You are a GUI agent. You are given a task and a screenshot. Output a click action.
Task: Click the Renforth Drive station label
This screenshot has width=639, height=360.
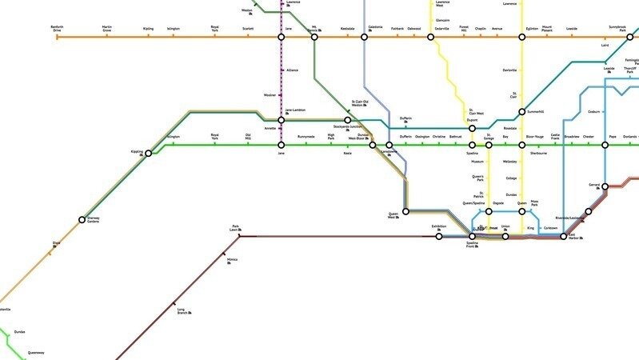(57, 29)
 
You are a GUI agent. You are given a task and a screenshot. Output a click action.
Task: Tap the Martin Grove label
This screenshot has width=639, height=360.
(107, 29)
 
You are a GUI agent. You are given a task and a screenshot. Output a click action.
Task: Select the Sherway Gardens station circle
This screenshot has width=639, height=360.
(82, 219)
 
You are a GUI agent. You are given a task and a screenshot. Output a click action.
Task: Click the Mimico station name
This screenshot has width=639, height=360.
(232, 259)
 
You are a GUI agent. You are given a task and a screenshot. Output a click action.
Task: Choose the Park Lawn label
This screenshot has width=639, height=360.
(235, 228)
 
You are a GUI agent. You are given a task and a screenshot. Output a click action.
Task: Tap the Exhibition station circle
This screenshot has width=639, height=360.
(438, 237)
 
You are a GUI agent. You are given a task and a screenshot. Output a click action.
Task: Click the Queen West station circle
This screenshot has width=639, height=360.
(405, 211)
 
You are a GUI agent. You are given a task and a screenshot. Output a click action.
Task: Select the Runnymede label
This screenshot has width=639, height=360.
(306, 137)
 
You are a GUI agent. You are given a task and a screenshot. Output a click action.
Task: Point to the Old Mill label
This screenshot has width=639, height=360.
(248, 137)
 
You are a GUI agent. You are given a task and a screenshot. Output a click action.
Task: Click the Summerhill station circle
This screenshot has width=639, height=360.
(521, 112)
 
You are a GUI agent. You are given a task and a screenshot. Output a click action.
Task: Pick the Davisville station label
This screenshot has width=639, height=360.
(509, 70)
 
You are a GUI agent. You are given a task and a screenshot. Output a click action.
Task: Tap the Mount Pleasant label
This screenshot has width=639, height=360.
(546, 29)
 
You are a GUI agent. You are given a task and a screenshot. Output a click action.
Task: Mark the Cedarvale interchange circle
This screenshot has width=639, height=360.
(431, 38)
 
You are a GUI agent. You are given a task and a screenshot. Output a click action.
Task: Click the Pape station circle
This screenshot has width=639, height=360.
(605, 146)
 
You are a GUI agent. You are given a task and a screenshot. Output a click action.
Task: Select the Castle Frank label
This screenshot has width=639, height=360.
(555, 137)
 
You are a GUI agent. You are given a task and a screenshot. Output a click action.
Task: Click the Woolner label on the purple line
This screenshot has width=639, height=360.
(292, 95)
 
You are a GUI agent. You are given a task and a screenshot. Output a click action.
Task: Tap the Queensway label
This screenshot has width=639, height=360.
(36, 352)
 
